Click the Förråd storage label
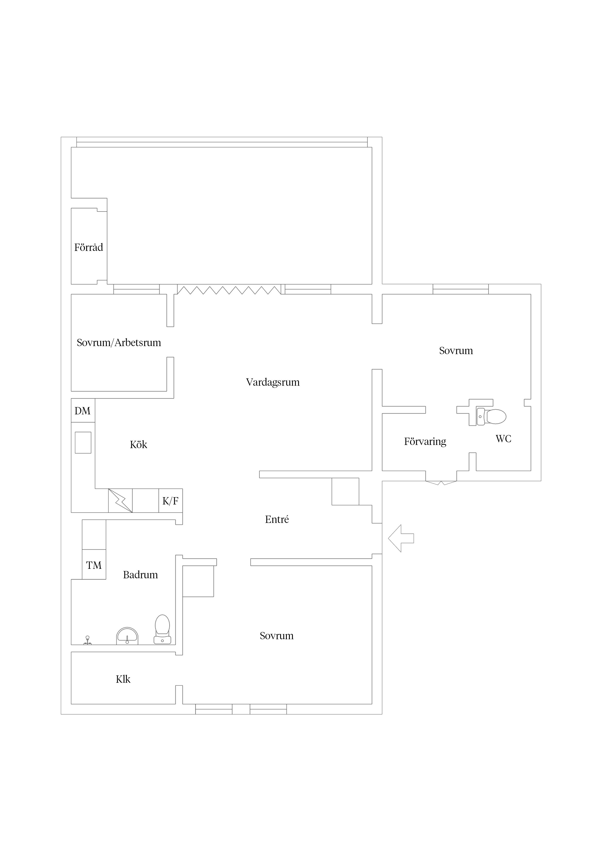pyautogui.click(x=89, y=247)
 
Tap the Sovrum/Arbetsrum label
pyautogui.click(x=119, y=342)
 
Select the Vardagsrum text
pyautogui.click(x=273, y=382)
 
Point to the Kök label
pyautogui.click(x=138, y=444)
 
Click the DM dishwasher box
pyautogui.click(x=83, y=410)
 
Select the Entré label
pyautogui.click(x=277, y=520)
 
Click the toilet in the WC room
pyautogui.click(x=492, y=416)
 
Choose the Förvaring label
pyautogui.click(x=425, y=442)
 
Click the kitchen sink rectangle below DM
pyautogui.click(x=83, y=442)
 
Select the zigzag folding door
pyautogui.click(x=229, y=290)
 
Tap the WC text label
pyautogui.click(x=503, y=439)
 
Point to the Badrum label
pyautogui.click(x=141, y=575)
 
